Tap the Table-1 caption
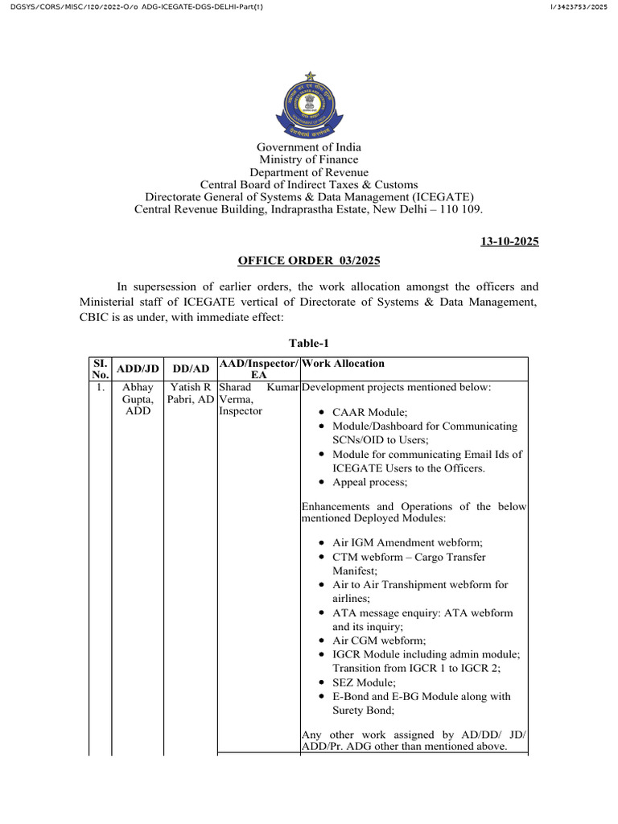308,344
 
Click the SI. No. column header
99,369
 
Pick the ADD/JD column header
138,369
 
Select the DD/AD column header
191,369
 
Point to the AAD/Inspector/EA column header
258,369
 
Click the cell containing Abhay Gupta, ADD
138,399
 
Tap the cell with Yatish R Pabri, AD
191,393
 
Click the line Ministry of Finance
309,159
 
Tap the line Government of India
309,147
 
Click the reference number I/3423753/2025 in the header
579,8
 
